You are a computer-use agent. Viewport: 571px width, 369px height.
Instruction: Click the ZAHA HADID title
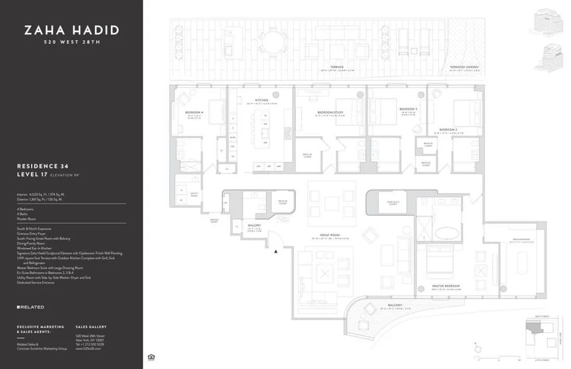pyautogui.click(x=71, y=30)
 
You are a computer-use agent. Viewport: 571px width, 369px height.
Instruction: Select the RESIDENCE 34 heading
pyautogui.click(x=43, y=166)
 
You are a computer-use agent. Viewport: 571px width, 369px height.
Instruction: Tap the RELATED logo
pyautogui.click(x=30, y=307)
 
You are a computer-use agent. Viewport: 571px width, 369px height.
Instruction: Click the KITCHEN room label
pyautogui.click(x=262, y=100)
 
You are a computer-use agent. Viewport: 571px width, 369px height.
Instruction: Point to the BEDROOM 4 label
pyautogui.click(x=194, y=112)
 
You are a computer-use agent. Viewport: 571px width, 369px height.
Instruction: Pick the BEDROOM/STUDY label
pyautogui.click(x=330, y=112)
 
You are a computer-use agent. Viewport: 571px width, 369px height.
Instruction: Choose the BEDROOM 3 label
pyautogui.click(x=408, y=109)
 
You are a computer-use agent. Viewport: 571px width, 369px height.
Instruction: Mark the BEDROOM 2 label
pyautogui.click(x=448, y=130)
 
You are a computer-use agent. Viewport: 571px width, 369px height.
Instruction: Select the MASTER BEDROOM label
pyautogui.click(x=446, y=286)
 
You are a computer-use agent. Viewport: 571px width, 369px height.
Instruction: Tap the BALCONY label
pyautogui.click(x=394, y=306)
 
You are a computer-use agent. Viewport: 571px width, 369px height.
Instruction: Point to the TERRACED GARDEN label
pyautogui.click(x=464, y=67)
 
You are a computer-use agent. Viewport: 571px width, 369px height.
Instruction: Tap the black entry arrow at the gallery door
pyautogui.click(x=276, y=251)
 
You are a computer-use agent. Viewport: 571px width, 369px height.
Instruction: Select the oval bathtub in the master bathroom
pyautogui.click(x=446, y=233)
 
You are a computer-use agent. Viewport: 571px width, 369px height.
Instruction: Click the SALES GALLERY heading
pyautogui.click(x=91, y=327)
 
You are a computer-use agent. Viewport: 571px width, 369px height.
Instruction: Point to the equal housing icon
pyautogui.click(x=151, y=357)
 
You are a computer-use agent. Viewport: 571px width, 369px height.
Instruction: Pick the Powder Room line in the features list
pyautogui.click(x=27, y=219)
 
